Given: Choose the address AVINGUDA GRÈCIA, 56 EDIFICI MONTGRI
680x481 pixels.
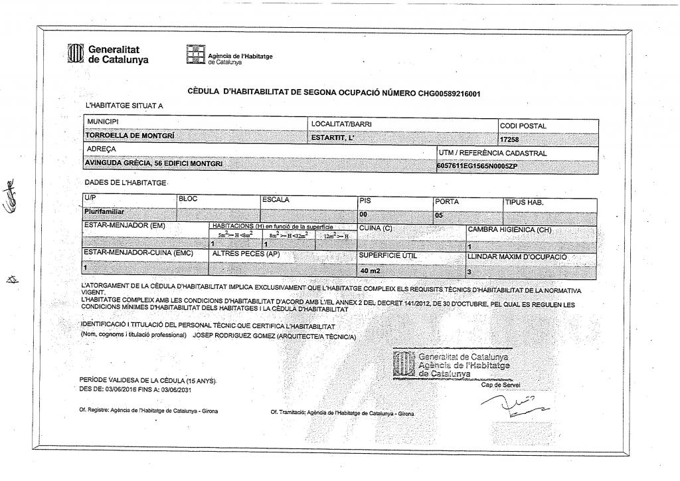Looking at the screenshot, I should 154,163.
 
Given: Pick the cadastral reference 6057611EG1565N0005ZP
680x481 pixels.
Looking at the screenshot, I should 477,166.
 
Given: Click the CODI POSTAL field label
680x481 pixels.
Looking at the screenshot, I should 523,126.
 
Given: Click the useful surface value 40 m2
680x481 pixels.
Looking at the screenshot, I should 371,271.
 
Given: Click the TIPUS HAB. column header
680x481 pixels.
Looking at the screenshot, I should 525,202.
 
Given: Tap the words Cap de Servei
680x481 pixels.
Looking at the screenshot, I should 501,385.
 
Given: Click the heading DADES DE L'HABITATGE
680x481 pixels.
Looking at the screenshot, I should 126,182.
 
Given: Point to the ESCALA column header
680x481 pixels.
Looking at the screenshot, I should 276,199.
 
